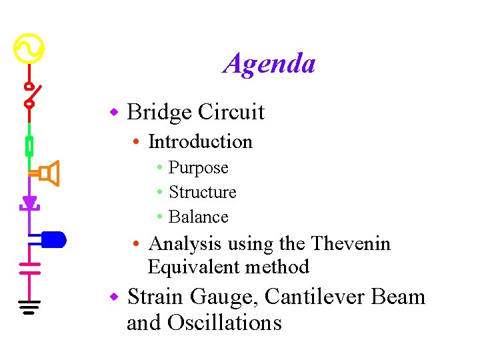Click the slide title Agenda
pyautogui.click(x=269, y=64)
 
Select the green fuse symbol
pyautogui.click(x=29, y=145)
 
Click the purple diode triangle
pyautogui.click(x=29, y=202)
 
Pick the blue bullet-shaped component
pyautogui.click(x=53, y=239)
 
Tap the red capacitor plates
pyautogui.click(x=29, y=268)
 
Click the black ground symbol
pyautogui.click(x=29, y=307)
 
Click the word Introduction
pyautogui.click(x=200, y=142)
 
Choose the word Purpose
pyautogui.click(x=198, y=168)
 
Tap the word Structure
pyautogui.click(x=202, y=193)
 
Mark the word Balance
pyautogui.click(x=198, y=217)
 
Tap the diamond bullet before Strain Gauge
pyautogui.click(x=114, y=295)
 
